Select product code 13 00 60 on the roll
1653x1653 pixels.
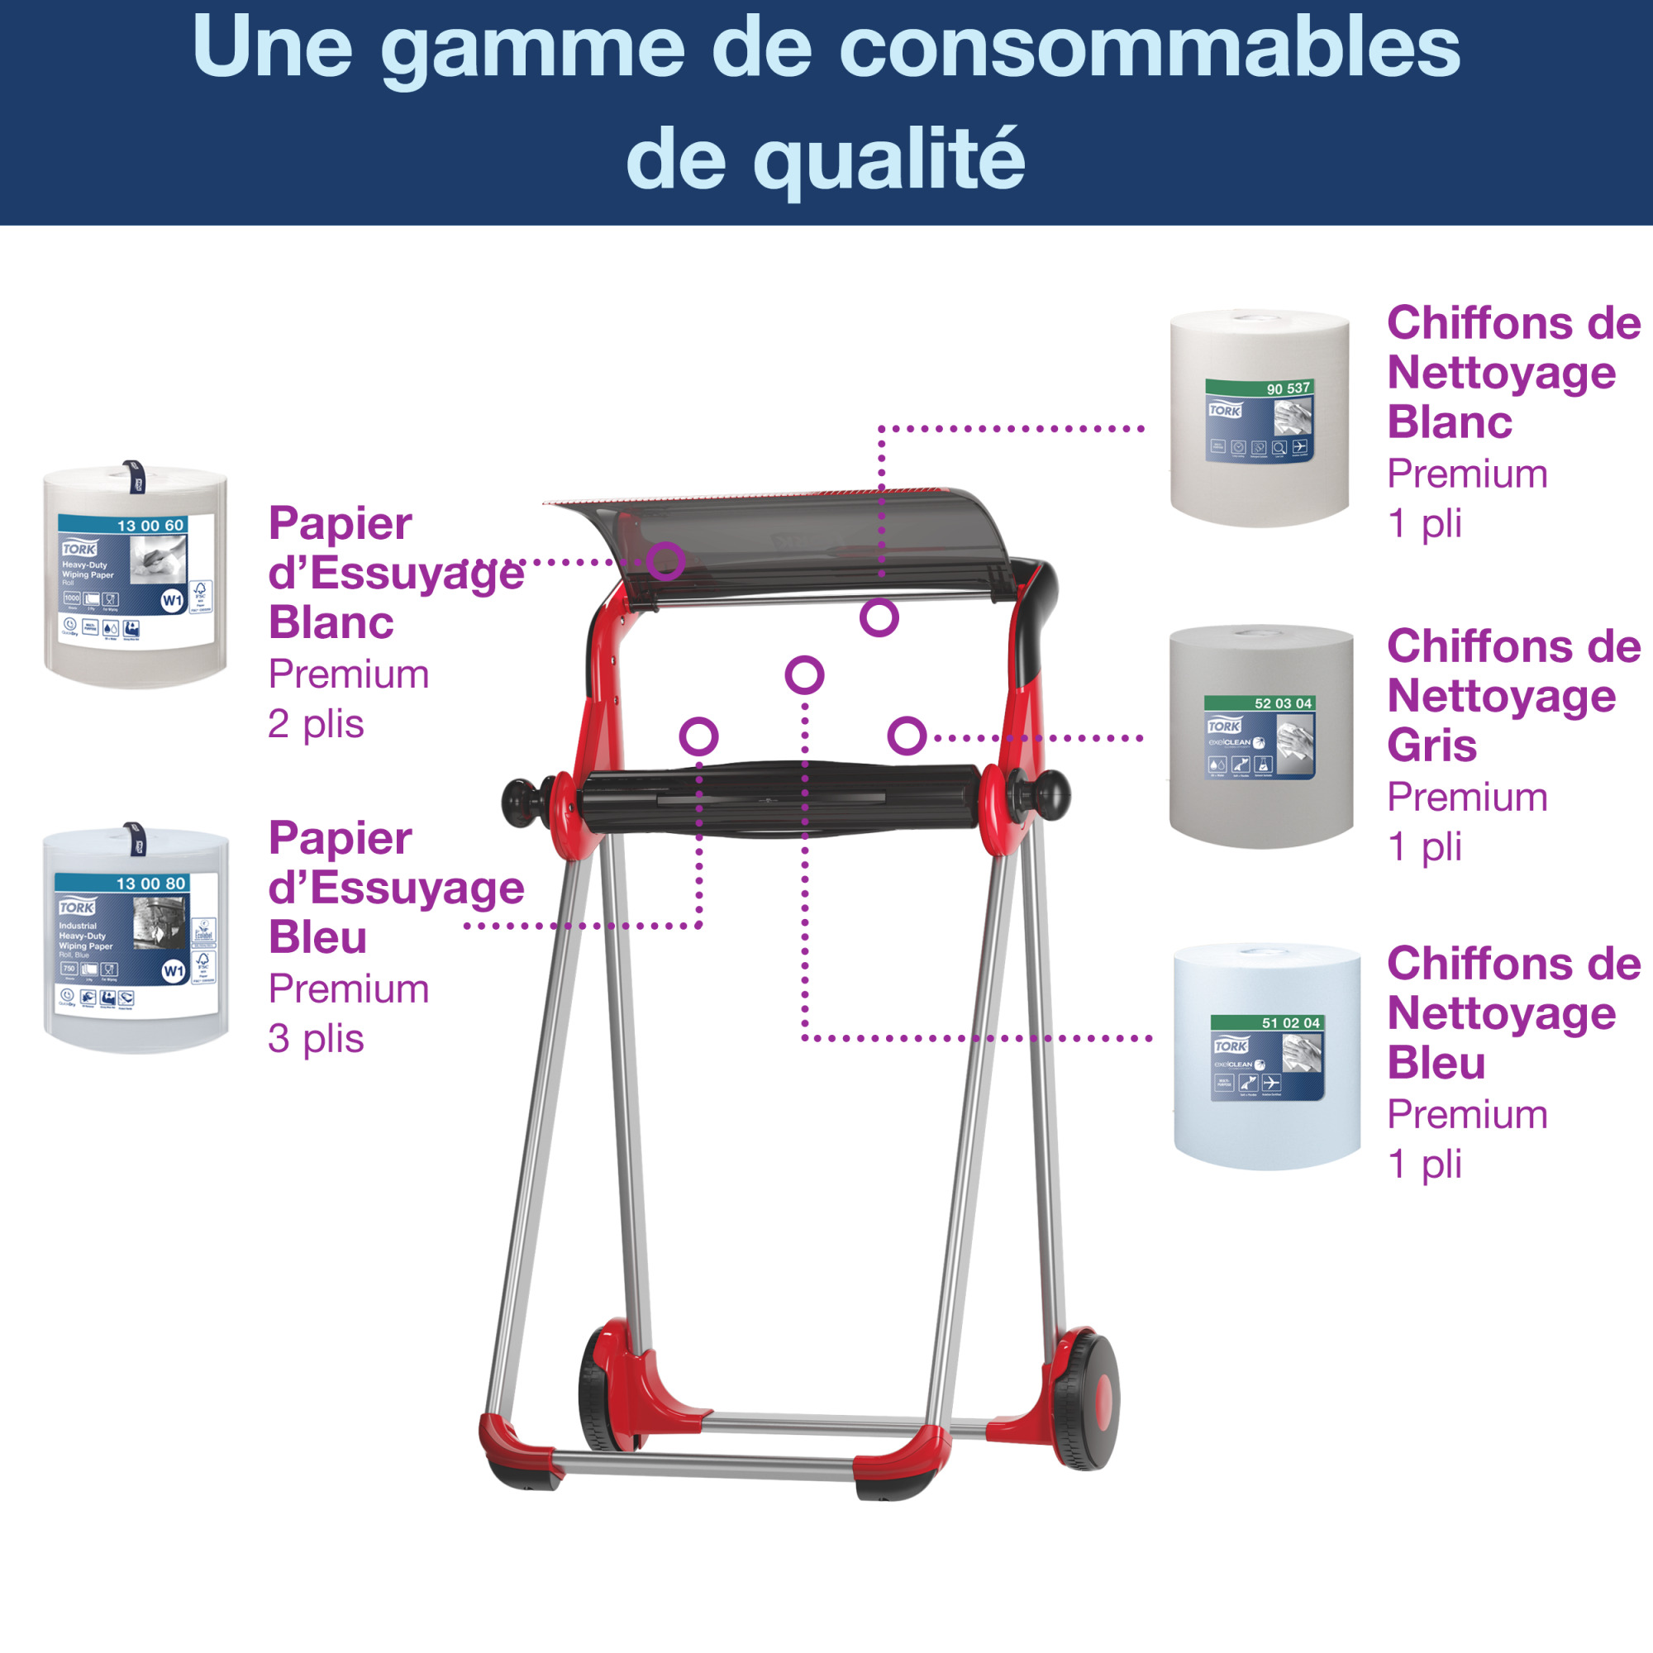[x=150, y=526]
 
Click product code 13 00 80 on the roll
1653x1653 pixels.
[x=150, y=883]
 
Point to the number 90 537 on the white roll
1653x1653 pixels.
[x=1288, y=388]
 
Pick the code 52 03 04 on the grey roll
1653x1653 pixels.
[x=1283, y=703]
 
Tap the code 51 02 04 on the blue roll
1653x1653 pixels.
[x=1290, y=1022]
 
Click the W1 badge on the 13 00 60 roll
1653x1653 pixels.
[x=173, y=601]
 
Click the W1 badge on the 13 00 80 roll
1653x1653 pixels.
[x=174, y=971]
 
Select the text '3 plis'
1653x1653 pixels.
[x=316, y=1040]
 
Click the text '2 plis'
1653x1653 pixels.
[x=316, y=725]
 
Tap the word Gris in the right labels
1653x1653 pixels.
[x=1432, y=746]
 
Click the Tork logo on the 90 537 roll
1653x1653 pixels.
[x=1224, y=411]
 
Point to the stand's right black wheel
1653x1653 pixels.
[x=1087, y=1400]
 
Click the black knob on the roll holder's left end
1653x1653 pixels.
[x=521, y=802]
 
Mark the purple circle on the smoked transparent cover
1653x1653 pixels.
[x=665, y=561]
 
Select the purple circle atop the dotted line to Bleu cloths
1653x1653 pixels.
[x=804, y=675]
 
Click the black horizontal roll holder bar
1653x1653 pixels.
[x=779, y=799]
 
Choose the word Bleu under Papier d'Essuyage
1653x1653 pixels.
[x=317, y=938]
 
